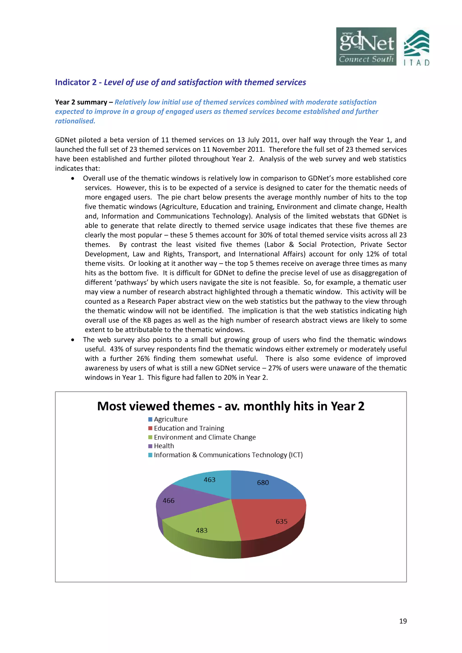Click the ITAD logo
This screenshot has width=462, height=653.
pyautogui.click(x=416, y=48)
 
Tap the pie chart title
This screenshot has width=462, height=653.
pyautogui.click(x=231, y=406)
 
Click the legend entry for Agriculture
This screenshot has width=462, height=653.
pyautogui.click(x=171, y=419)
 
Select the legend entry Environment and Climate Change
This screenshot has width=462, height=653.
pyautogui.click(x=204, y=437)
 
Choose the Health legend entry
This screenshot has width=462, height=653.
pyautogui.click(x=164, y=446)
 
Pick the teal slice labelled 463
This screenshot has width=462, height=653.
pyautogui.click(x=208, y=484)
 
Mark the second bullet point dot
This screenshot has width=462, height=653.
pyautogui.click(x=73, y=340)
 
